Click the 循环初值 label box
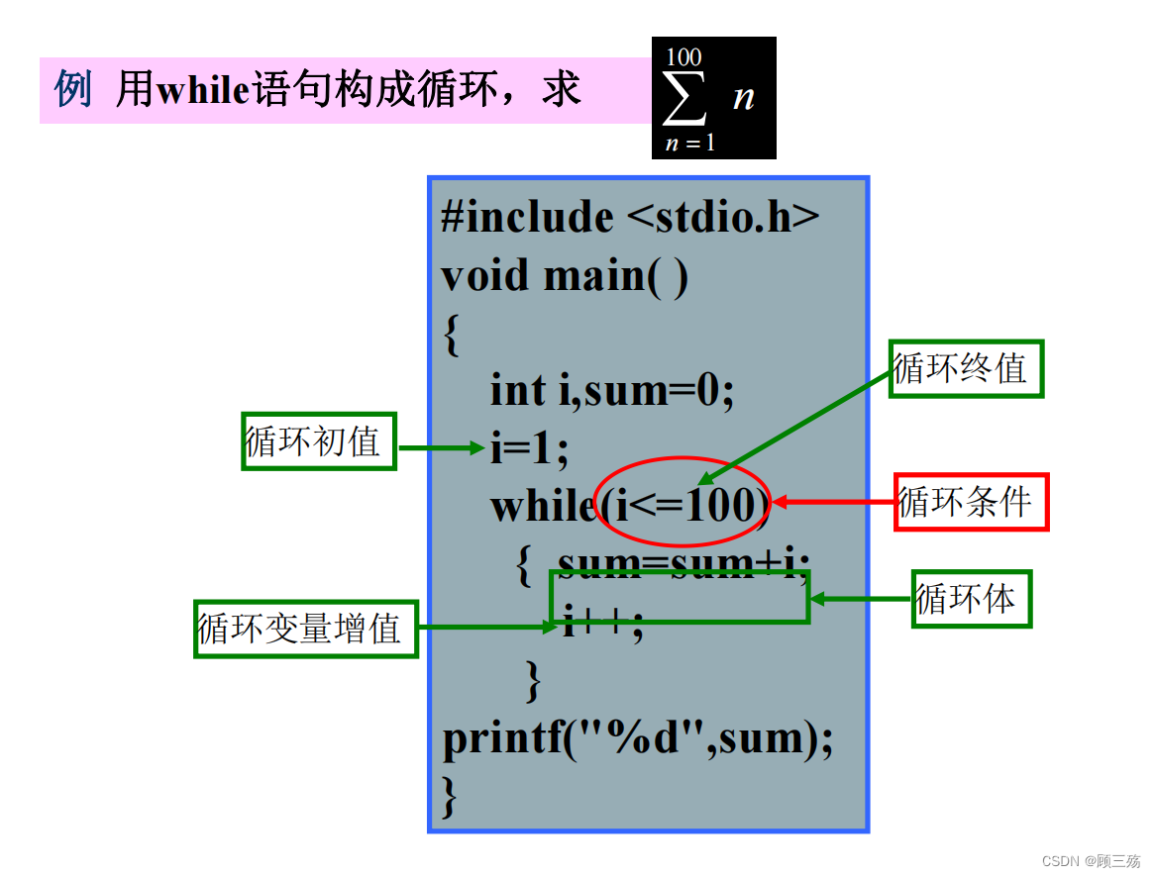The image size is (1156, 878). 319,441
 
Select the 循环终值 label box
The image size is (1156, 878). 966,368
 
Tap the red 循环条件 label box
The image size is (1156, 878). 971,502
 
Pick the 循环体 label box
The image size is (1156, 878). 971,599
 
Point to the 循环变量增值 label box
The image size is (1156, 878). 305,629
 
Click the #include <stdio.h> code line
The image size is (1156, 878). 630,217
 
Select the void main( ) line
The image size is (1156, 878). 564,275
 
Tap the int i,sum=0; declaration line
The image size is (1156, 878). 611,390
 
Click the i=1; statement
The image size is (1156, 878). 529,448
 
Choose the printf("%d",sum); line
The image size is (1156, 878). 637,738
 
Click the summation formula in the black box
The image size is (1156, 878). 713,98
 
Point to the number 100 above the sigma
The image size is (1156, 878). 683,56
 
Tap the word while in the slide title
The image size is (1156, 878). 202,91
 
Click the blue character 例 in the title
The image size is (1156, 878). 72,91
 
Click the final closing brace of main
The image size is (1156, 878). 451,795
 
